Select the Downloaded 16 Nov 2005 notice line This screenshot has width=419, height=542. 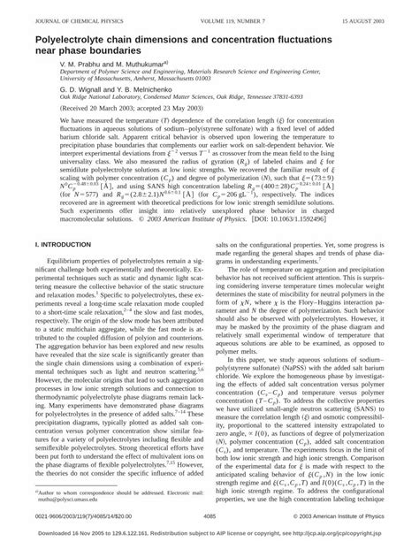click(x=209, y=535)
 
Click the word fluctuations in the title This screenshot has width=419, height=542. click(x=347, y=40)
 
